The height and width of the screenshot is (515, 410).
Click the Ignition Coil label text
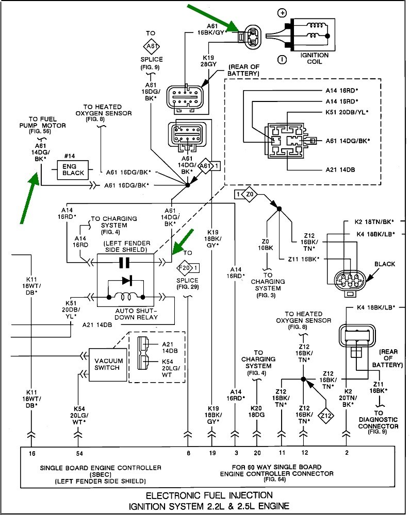(314, 58)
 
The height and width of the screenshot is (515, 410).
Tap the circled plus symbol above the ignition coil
(282, 12)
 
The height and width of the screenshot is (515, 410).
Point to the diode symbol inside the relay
(124, 282)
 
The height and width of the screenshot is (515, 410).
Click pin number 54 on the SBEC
(78, 453)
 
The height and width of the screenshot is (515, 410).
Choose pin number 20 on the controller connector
(257, 453)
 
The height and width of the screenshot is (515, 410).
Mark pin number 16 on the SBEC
(32, 453)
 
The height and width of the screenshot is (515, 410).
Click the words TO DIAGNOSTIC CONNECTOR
(379, 419)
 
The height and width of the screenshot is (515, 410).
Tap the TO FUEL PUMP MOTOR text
(47, 125)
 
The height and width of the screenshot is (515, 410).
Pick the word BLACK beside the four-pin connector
(385, 264)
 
